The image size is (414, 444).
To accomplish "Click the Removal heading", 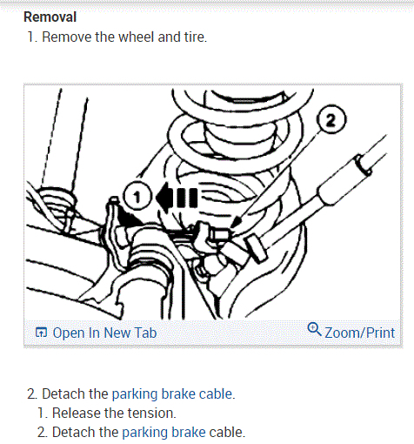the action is (50, 17).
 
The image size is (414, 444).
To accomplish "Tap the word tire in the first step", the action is (194, 37).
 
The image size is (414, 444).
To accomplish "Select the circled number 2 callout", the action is (331, 119).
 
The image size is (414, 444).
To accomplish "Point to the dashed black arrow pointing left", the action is (177, 198).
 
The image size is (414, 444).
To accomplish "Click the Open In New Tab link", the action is (104, 333).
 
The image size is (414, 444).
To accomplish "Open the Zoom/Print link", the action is (359, 333).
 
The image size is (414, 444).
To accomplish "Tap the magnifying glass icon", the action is (314, 329).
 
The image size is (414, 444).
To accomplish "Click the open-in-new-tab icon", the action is (41, 333).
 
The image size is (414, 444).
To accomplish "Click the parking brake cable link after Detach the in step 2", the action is (172, 394).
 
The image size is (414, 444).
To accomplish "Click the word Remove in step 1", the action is (67, 37).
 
